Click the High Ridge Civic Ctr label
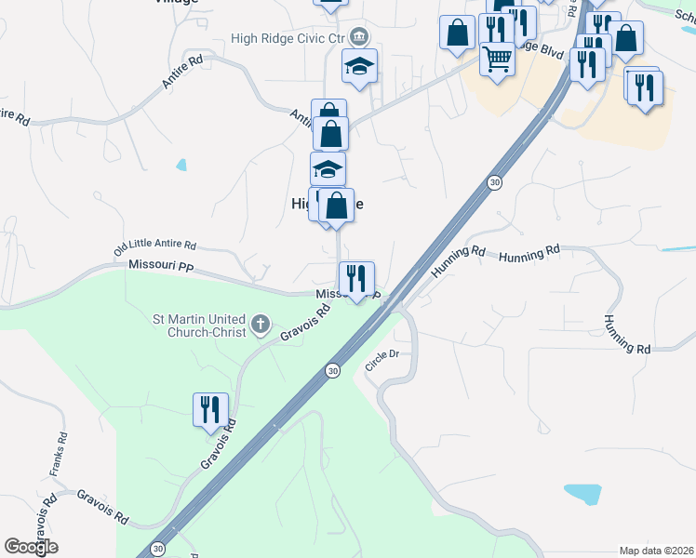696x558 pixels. pyautogui.click(x=288, y=38)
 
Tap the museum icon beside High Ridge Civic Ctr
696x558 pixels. pyautogui.click(x=359, y=38)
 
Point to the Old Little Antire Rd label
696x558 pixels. pyautogui.click(x=155, y=247)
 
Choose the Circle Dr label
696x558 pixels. pyautogui.click(x=381, y=360)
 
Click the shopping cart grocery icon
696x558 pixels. pyautogui.click(x=498, y=60)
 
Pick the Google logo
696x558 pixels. pyautogui.click(x=31, y=547)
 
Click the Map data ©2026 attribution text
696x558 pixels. pyautogui.click(x=656, y=551)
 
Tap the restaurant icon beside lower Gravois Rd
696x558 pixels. pyautogui.click(x=208, y=408)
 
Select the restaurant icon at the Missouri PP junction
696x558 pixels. pyautogui.click(x=355, y=277)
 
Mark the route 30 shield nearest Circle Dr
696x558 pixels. pyautogui.click(x=332, y=370)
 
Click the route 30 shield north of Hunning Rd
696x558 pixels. pyautogui.click(x=496, y=183)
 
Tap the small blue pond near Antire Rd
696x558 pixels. pyautogui.click(x=181, y=166)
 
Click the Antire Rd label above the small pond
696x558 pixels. pyautogui.click(x=181, y=73)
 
